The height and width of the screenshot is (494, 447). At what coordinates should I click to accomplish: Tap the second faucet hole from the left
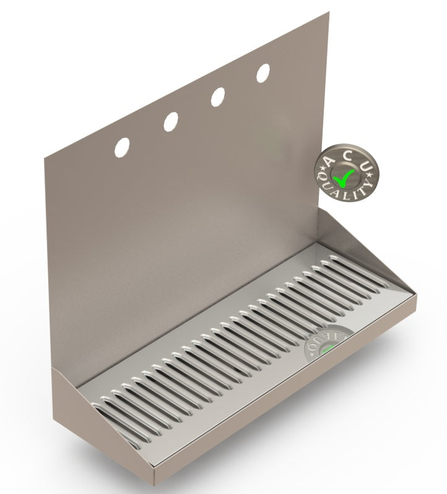pyautogui.click(x=170, y=122)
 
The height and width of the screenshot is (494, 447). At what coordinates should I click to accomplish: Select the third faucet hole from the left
pyautogui.click(x=217, y=96)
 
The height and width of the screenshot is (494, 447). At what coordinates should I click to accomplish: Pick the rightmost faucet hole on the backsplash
pyautogui.click(x=263, y=72)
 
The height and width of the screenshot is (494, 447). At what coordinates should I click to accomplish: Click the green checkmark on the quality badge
pyautogui.click(x=343, y=177)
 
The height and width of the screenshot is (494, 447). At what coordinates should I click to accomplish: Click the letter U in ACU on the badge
pyautogui.click(x=365, y=166)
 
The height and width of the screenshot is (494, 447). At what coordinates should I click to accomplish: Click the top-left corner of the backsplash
pyautogui.click(x=44, y=156)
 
